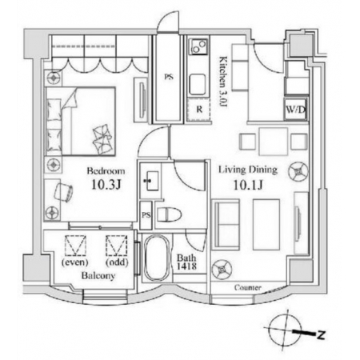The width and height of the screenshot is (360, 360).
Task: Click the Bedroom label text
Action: point(106,171)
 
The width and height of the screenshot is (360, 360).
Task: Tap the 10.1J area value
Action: point(248,185)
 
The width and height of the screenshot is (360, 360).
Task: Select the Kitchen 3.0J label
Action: point(223,82)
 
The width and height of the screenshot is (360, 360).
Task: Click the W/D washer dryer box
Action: point(295,110)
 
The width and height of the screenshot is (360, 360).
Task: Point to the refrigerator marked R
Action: point(198,110)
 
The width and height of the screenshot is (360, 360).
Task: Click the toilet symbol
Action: point(170,214)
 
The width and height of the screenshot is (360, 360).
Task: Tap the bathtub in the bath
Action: point(157,258)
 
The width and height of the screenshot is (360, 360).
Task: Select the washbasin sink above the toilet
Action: point(150,181)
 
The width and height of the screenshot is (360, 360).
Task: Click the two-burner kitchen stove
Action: point(198,46)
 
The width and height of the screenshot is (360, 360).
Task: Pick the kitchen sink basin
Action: point(198,84)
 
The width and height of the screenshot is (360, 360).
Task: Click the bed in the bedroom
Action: point(81,121)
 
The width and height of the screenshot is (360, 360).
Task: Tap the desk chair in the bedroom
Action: point(63,191)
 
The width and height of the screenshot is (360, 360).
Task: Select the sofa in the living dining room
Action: point(226,224)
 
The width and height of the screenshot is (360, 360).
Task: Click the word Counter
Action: point(248,287)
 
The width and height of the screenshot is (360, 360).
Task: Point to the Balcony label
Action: point(98,275)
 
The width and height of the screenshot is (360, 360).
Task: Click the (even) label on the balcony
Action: point(75,262)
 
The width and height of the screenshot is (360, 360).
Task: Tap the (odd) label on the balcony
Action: point(117,262)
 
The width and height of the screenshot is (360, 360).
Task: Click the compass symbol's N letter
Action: point(322,334)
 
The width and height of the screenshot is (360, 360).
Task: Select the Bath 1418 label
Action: point(187,262)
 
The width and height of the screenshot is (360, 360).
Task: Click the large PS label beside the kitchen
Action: point(168,77)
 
